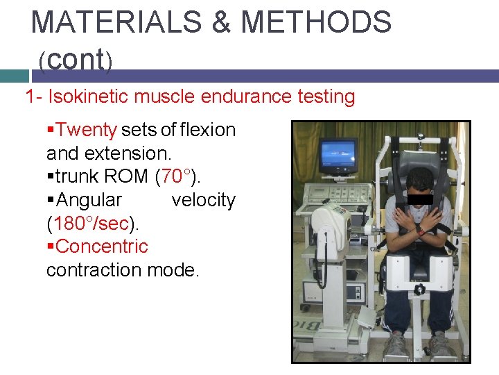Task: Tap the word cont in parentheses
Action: tap(76, 60)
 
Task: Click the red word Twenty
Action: tap(87, 130)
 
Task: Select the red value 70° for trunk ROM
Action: tap(173, 176)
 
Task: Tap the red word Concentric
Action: tap(102, 247)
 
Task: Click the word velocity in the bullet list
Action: tap(203, 200)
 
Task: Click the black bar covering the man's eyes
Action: tap(420, 199)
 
